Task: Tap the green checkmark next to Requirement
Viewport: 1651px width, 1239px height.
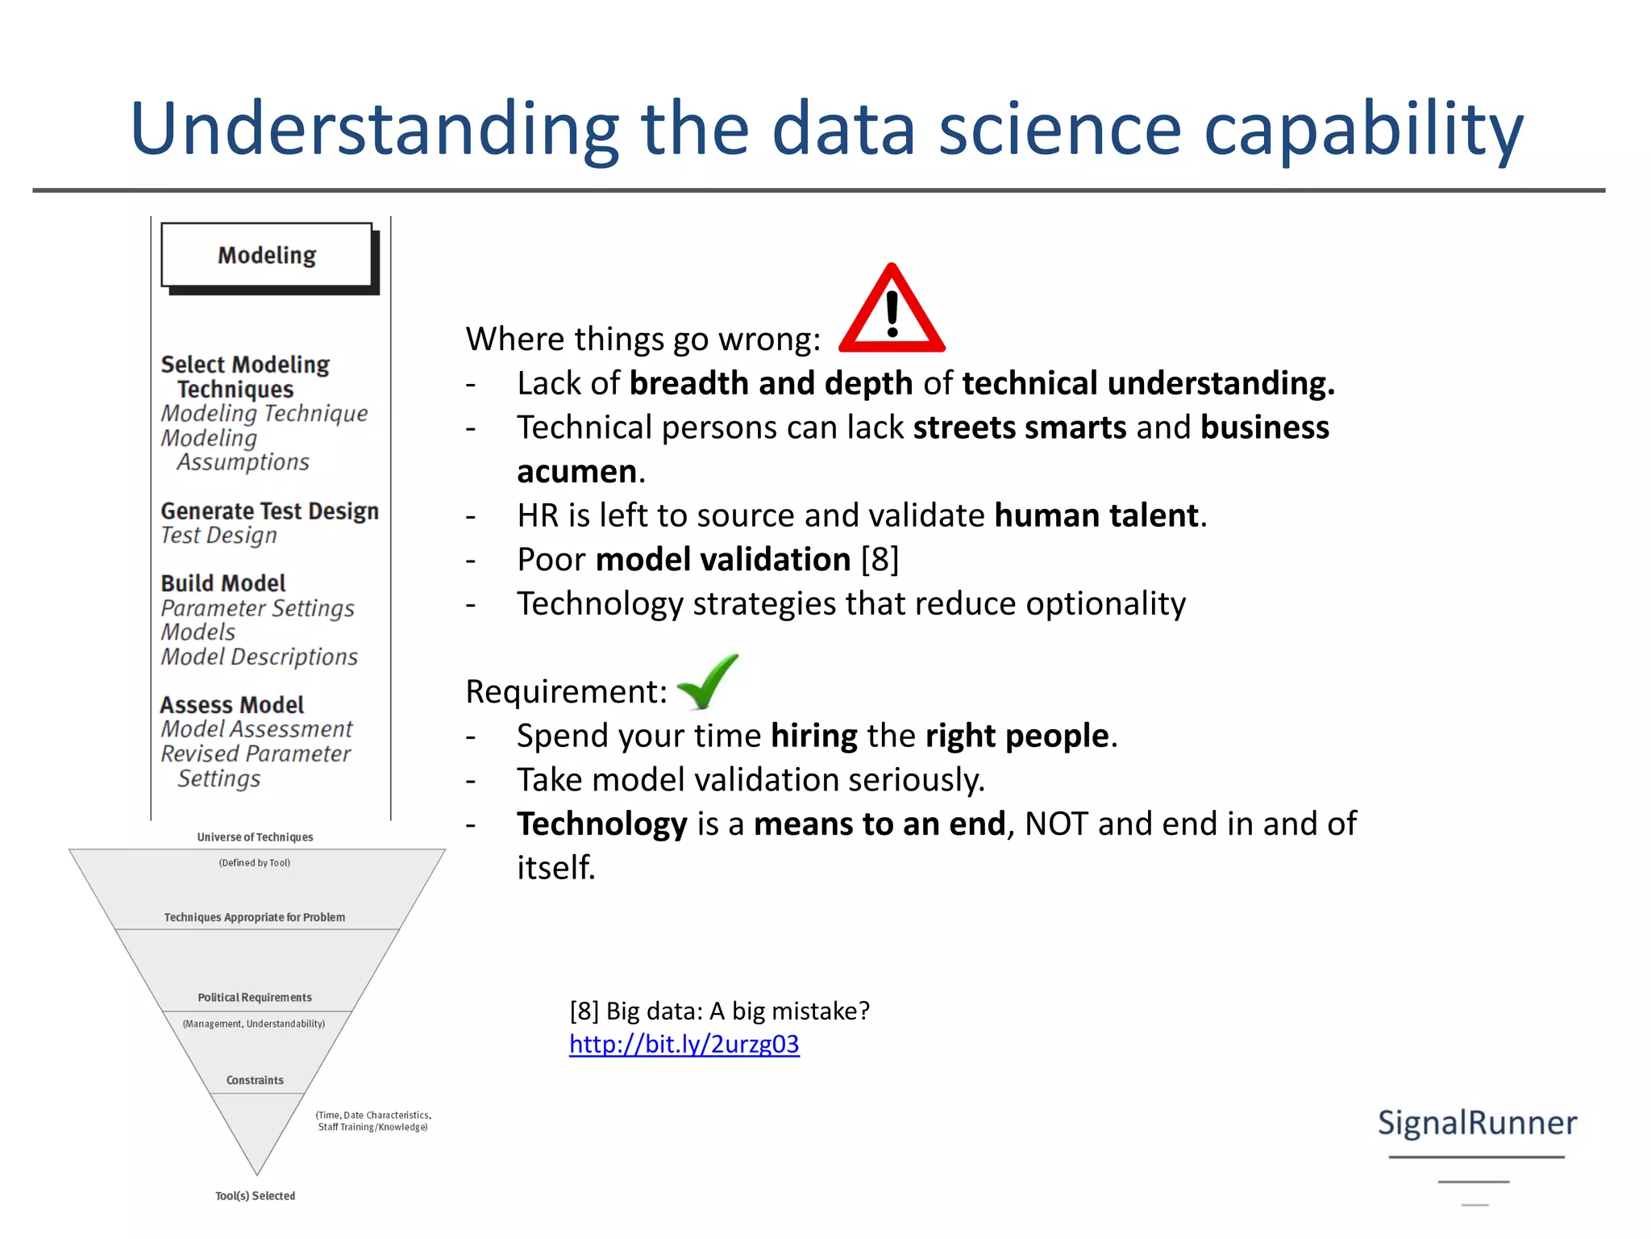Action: click(708, 682)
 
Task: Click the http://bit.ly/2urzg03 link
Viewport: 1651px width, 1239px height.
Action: click(684, 1044)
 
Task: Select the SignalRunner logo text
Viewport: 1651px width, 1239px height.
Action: click(1477, 1123)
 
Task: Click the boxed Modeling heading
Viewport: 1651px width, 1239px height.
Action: click(267, 256)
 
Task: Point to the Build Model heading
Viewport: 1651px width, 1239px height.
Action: click(223, 583)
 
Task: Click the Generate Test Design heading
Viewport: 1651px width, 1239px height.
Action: click(269, 511)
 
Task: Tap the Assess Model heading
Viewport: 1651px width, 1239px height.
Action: click(232, 705)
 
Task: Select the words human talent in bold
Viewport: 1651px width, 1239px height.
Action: click(1096, 515)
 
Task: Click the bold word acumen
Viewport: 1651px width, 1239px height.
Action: click(577, 472)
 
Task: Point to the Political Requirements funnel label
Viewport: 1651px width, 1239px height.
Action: click(255, 998)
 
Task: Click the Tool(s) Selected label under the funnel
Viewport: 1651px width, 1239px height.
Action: click(255, 1195)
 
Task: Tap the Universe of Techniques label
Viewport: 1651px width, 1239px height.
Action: click(255, 837)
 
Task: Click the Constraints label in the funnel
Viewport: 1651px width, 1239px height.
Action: click(255, 1080)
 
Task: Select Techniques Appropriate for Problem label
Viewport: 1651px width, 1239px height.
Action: click(255, 917)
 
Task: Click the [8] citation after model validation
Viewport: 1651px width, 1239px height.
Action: click(880, 560)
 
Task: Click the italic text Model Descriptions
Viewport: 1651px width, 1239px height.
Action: click(259, 657)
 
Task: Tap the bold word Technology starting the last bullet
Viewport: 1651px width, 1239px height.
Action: click(601, 824)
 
